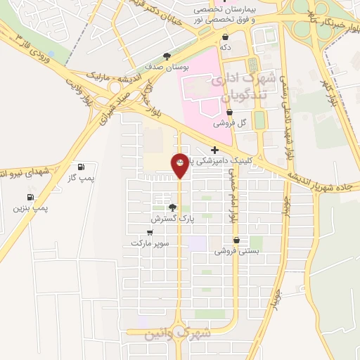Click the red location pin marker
coord(180,164)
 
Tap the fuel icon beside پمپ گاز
coord(82,167)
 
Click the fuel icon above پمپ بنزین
coord(30,198)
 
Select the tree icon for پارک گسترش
coord(173,207)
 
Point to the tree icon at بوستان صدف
coord(167,56)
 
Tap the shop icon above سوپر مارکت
coord(150,231)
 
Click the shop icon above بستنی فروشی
coord(245,240)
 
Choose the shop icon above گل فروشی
coord(231,112)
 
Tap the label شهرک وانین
coord(178,333)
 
